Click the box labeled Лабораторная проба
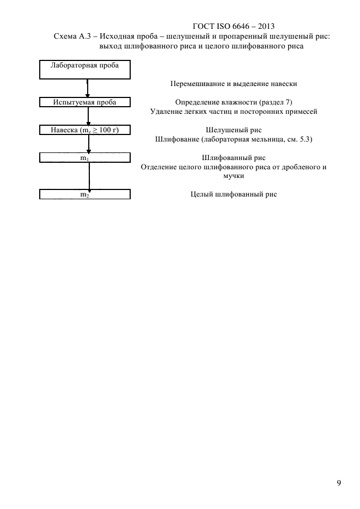click(85, 69)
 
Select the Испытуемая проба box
click(85, 102)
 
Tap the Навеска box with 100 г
click(85, 130)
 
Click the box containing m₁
click(85, 158)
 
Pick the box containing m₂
click(85, 194)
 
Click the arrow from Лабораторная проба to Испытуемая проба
click(88, 88)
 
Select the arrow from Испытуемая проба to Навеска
click(88, 116)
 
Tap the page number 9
click(339, 483)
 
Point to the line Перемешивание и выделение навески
click(234, 84)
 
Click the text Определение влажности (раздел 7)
click(234, 102)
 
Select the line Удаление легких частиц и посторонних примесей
click(234, 112)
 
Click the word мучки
click(234, 176)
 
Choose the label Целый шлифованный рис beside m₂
click(234, 194)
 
